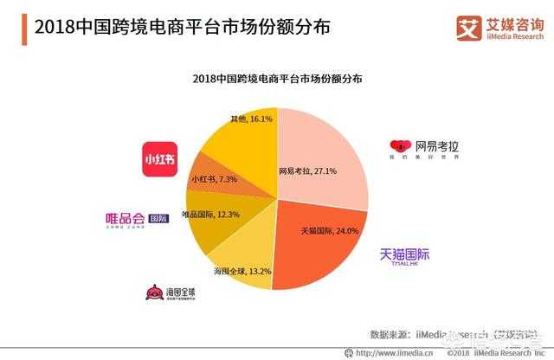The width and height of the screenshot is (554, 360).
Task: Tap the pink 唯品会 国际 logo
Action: pos(137,218)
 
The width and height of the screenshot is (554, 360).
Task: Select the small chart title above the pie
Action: pos(278,79)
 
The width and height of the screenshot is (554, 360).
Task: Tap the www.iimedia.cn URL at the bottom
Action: pos(381,352)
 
